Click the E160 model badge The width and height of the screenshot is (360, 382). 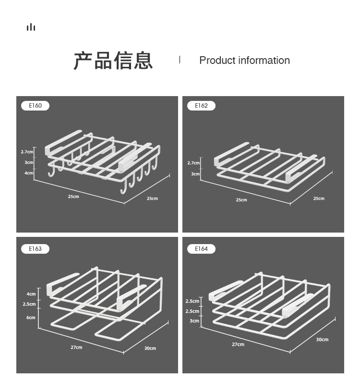click(x=35, y=106)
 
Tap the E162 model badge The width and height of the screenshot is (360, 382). click(x=201, y=106)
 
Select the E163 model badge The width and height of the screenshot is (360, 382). click(x=35, y=249)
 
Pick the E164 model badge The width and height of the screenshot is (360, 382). click(x=201, y=249)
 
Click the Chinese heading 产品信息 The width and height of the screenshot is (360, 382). click(x=113, y=61)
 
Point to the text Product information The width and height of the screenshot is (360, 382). click(x=244, y=61)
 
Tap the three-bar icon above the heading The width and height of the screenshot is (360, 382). click(x=31, y=27)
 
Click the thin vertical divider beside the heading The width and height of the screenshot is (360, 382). click(x=180, y=60)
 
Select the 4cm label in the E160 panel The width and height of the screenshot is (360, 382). click(x=29, y=173)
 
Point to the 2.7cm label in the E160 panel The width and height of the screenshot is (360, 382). click(x=27, y=152)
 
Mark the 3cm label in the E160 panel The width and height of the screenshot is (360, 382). click(x=29, y=162)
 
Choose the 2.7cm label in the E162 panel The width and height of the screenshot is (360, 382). click(x=193, y=163)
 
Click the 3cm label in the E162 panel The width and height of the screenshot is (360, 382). click(x=195, y=174)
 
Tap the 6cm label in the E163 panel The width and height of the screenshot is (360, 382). click(x=31, y=318)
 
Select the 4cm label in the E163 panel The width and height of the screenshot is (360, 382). click(x=31, y=294)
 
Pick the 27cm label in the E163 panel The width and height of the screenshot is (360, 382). click(x=76, y=347)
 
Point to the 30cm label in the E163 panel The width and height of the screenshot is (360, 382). click(x=150, y=348)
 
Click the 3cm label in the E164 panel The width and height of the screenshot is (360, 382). click(x=194, y=321)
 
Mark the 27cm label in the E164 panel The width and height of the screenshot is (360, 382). click(x=238, y=345)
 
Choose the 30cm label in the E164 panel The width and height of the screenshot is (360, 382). click(x=322, y=340)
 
